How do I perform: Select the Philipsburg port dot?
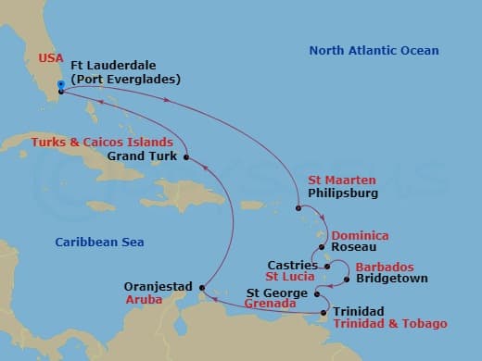(298, 208)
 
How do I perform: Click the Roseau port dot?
(322, 247)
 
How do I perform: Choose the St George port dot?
(317, 294)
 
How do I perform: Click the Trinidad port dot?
(323, 313)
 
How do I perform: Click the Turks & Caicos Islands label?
(102, 143)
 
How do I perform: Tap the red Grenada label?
(271, 304)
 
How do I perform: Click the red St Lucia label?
(288, 276)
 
